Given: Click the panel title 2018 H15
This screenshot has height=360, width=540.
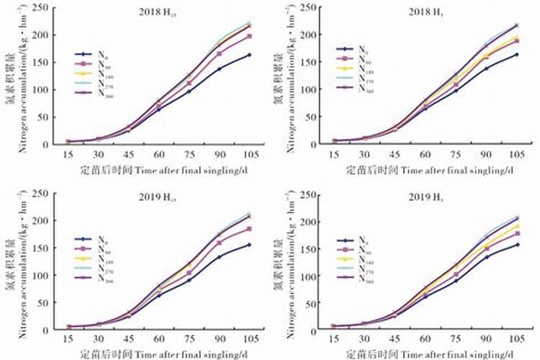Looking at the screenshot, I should pos(160,12).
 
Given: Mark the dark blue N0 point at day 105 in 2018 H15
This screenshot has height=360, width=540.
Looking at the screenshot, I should pos(248,55).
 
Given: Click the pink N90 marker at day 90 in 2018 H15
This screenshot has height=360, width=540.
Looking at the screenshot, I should pos(219,53).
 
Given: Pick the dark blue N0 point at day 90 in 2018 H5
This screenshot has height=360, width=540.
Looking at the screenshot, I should pos(486,69).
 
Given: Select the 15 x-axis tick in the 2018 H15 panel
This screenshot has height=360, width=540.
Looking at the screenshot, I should pos(68,154).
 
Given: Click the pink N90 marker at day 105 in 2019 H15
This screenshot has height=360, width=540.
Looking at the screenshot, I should pos(248,229).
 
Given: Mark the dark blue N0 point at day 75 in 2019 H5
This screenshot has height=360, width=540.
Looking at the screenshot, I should pos(456,281).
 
